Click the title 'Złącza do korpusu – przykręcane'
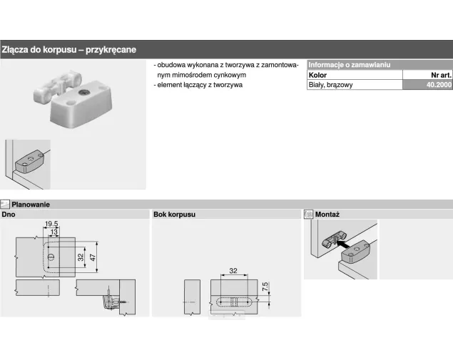pos(69,49)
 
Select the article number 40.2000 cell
pos(427,85)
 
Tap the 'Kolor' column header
pos(317,75)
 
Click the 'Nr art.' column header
pos(441,75)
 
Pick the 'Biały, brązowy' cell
pos(330,85)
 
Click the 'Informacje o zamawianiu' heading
pos(350,65)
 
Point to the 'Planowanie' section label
pos(31,205)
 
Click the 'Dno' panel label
pos(9,214)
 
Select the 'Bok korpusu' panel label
pos(174,214)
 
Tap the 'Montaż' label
pos(327,214)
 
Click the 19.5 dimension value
pos(51,224)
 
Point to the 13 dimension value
pos(54,232)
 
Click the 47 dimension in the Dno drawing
pos(93,257)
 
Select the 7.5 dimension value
pos(265,287)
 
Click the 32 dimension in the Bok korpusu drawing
pos(233,270)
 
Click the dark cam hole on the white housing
pos(82,92)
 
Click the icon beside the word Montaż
pos(309,214)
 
